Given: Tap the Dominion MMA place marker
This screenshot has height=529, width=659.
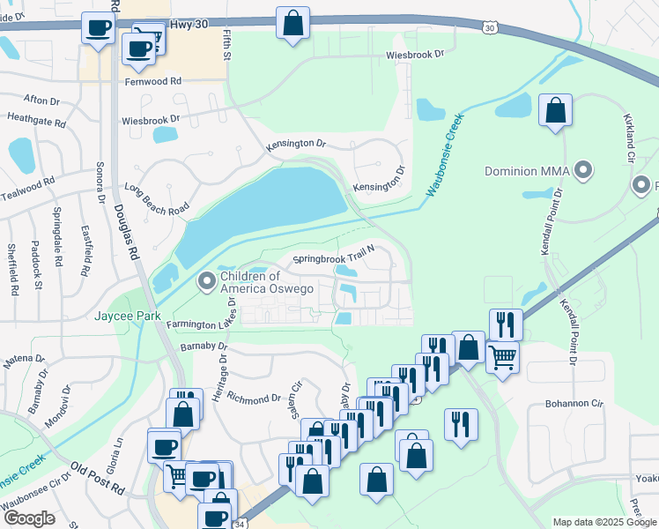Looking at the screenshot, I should pyautogui.click(x=582, y=168).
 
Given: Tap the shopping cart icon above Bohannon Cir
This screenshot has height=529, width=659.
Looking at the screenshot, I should pyautogui.click(x=502, y=357).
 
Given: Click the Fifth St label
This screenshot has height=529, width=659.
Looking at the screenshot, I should pyautogui.click(x=226, y=44).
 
